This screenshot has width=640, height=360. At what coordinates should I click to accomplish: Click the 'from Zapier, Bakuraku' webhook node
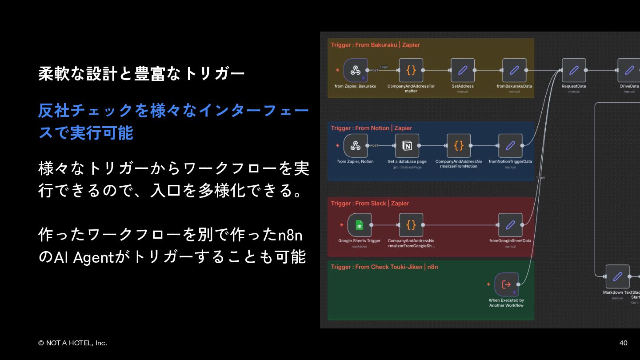(356, 70)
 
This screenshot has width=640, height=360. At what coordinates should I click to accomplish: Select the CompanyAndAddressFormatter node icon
(411, 70)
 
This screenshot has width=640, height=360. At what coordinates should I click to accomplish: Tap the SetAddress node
(463, 70)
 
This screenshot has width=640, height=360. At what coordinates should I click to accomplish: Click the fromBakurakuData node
(514, 70)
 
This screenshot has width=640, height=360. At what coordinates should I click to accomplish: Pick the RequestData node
(574, 70)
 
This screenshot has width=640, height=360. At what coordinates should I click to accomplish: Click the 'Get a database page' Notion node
(407, 146)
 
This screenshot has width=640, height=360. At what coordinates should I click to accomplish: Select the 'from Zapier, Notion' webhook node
(356, 146)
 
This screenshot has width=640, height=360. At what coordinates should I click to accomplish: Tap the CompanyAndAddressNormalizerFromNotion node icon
(459, 146)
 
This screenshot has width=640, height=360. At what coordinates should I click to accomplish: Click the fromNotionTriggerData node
(510, 146)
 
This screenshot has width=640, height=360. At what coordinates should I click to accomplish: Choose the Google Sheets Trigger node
(360, 225)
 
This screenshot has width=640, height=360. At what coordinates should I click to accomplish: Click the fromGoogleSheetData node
(510, 225)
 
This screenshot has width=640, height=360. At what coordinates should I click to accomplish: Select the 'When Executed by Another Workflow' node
(506, 284)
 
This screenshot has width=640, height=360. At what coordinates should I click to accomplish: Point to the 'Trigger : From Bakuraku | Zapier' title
(375, 45)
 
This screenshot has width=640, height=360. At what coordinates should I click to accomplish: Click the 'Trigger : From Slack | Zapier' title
(370, 204)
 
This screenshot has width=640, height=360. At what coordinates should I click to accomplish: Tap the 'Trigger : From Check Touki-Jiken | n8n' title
(384, 267)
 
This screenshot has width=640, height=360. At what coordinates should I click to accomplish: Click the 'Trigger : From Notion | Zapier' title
(372, 128)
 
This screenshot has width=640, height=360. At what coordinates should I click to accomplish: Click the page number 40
(623, 343)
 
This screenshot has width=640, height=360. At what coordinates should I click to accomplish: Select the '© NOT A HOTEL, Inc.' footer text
(72, 343)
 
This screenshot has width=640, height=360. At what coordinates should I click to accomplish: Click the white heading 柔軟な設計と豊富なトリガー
(141, 74)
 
